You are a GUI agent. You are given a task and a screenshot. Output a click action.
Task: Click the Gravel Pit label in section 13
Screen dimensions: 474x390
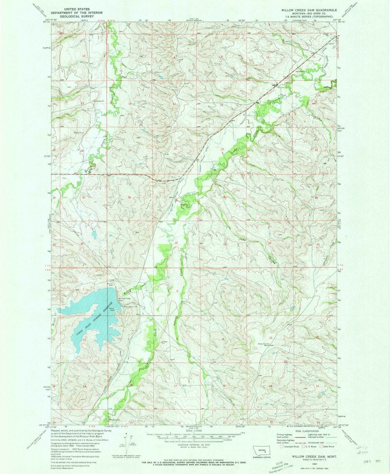[x=100, y=101]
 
